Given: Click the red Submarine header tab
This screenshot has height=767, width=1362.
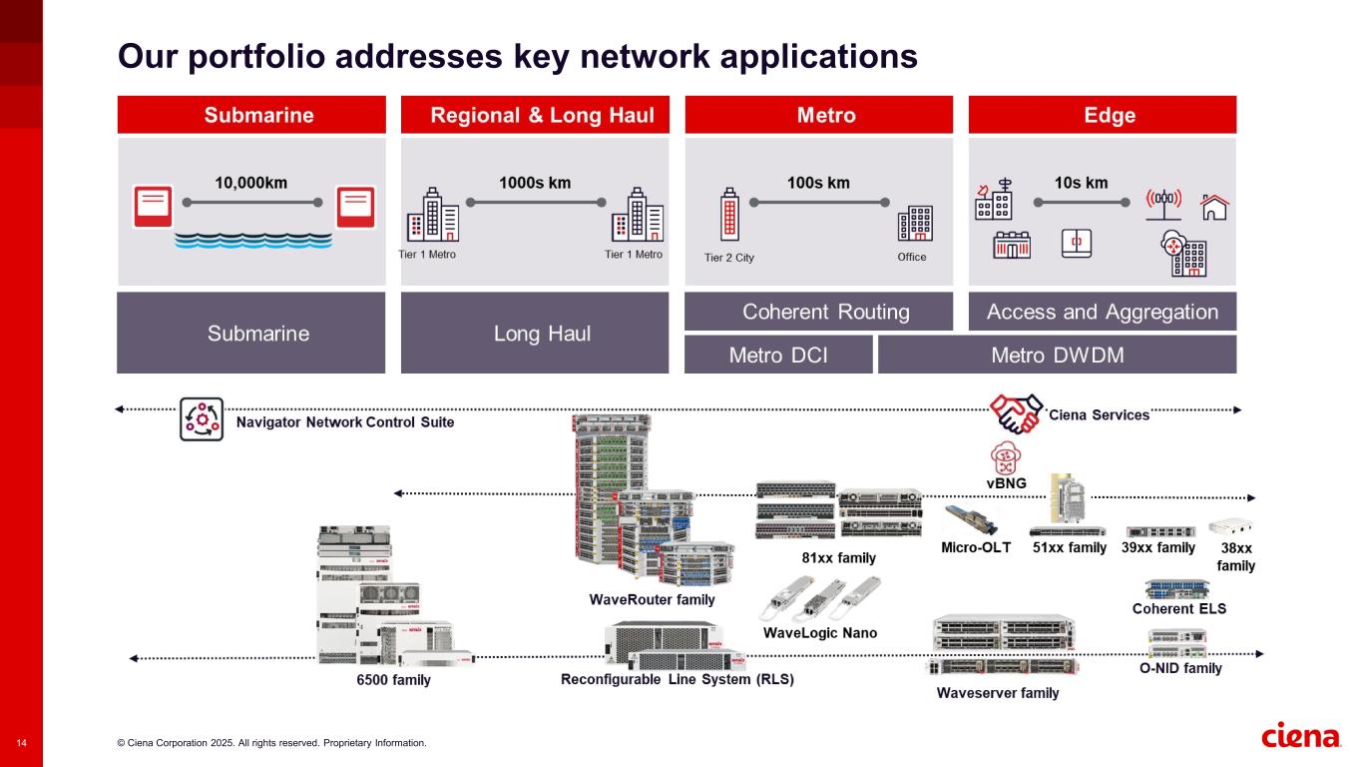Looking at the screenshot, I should click(x=251, y=115).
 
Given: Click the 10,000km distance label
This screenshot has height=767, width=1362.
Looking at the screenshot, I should click(x=251, y=183).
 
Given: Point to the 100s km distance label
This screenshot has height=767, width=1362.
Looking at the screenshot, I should click(x=818, y=183).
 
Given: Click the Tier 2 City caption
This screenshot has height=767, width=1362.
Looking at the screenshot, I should click(x=729, y=258).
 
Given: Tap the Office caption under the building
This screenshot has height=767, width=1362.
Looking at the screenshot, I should click(x=912, y=258).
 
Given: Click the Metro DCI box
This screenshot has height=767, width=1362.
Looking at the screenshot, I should click(x=778, y=355).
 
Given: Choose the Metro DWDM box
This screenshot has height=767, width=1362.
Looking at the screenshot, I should click(x=1057, y=355).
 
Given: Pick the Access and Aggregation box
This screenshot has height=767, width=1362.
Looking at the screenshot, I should click(x=1103, y=312).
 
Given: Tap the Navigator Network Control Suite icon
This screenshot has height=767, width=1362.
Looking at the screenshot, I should click(x=201, y=419).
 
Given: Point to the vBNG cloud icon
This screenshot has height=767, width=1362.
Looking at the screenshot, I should click(x=1006, y=460).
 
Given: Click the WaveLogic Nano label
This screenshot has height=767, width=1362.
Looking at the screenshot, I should click(x=819, y=633).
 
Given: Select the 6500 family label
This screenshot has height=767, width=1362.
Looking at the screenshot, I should click(x=393, y=681).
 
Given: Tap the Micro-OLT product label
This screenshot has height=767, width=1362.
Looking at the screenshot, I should click(x=976, y=548).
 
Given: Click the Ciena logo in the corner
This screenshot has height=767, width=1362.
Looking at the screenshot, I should click(x=1301, y=737).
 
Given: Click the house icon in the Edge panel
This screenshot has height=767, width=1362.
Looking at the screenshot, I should click(x=1214, y=206).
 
